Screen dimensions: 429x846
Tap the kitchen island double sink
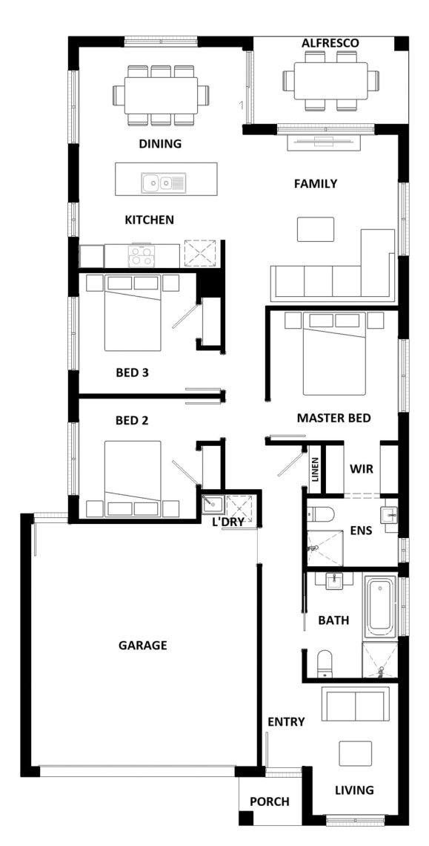(164, 183)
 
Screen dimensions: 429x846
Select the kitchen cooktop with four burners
(142, 256)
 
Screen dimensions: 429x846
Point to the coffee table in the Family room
(316, 229)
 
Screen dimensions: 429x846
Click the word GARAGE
(143, 645)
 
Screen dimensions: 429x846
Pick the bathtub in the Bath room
(380, 607)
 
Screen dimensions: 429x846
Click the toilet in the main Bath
(325, 663)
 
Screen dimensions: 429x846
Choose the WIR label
(362, 468)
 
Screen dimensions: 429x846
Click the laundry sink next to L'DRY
(213, 505)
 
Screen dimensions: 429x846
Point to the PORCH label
(270, 801)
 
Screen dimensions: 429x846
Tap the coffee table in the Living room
(355, 753)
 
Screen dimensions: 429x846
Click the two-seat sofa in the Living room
(355, 704)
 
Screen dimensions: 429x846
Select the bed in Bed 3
(133, 313)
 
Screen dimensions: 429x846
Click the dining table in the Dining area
(161, 95)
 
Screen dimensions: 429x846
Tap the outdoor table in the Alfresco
(331, 81)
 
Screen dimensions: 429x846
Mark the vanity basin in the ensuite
(389, 515)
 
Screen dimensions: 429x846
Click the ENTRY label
(286, 721)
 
